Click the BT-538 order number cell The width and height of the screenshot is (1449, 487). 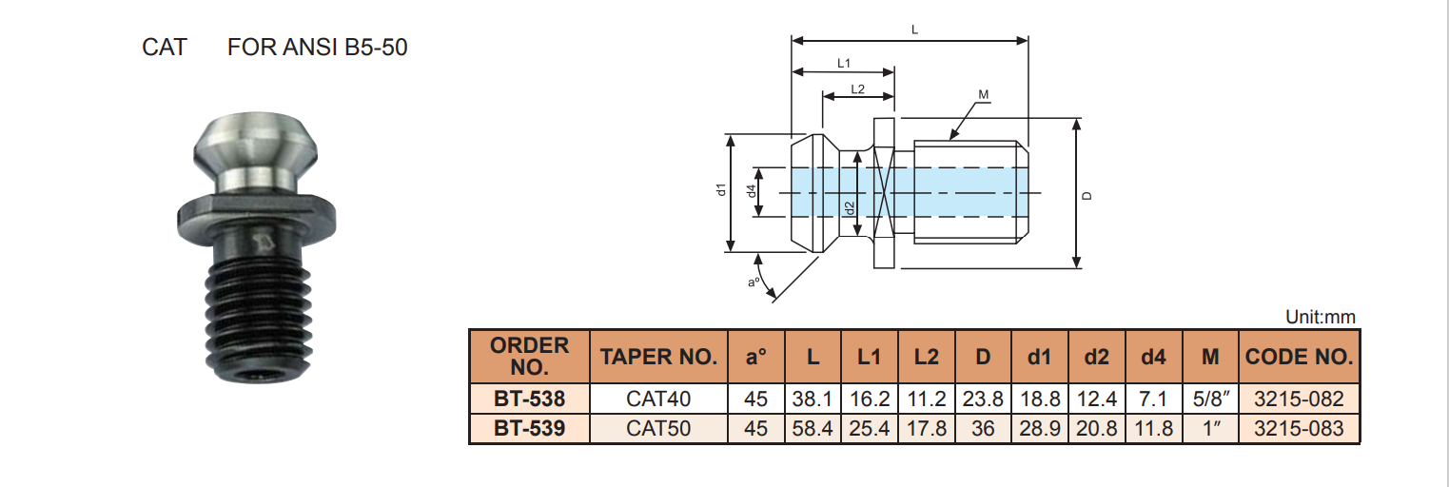[x=529, y=399]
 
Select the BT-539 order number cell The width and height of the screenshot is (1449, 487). [x=529, y=429]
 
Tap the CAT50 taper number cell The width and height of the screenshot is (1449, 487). [x=658, y=429]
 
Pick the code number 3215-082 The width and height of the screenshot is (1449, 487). [x=1300, y=399]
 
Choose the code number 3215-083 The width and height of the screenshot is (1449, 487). [x=1300, y=429]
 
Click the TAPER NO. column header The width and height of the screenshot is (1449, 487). [x=658, y=357]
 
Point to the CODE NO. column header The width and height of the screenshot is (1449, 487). [x=1300, y=357]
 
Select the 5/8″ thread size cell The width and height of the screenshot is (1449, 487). [x=1210, y=399]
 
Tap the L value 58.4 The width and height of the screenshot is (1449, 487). [x=813, y=429]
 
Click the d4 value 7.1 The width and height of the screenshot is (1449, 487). [x=1153, y=399]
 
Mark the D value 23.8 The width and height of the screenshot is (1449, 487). [x=983, y=399]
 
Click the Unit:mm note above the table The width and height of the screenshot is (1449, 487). [x=1320, y=318]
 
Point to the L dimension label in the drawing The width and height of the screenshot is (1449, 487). [x=914, y=30]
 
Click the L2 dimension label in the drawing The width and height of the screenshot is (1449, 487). [x=857, y=88]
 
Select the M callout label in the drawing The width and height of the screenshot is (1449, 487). [x=984, y=94]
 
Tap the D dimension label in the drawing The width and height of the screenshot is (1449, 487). [x=1088, y=195]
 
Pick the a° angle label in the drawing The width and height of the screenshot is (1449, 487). [x=753, y=282]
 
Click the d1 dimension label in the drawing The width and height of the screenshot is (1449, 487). [x=721, y=190]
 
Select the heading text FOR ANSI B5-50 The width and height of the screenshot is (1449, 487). [x=318, y=47]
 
